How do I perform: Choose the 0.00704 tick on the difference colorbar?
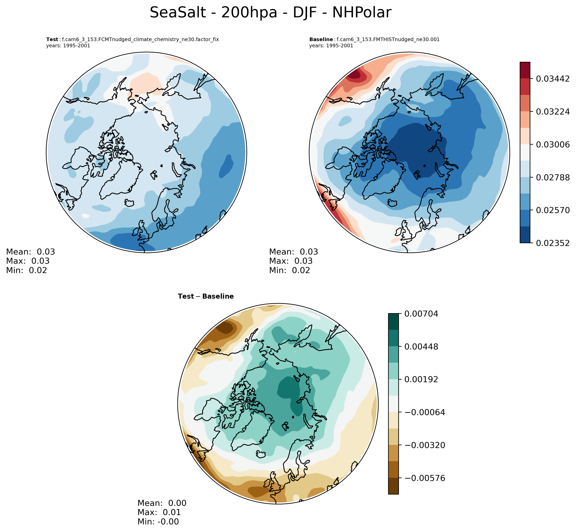click(421, 314)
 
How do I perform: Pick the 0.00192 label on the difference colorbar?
click(421, 379)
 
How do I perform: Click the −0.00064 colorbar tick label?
click(425, 413)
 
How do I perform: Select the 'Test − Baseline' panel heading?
click(206, 296)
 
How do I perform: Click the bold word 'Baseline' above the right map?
click(321, 39)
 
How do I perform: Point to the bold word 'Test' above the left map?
click(52, 39)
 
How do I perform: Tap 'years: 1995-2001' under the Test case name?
click(68, 46)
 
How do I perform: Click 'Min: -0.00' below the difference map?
click(158, 521)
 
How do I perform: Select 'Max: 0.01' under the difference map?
click(159, 512)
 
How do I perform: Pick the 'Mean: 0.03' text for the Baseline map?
click(293, 252)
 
